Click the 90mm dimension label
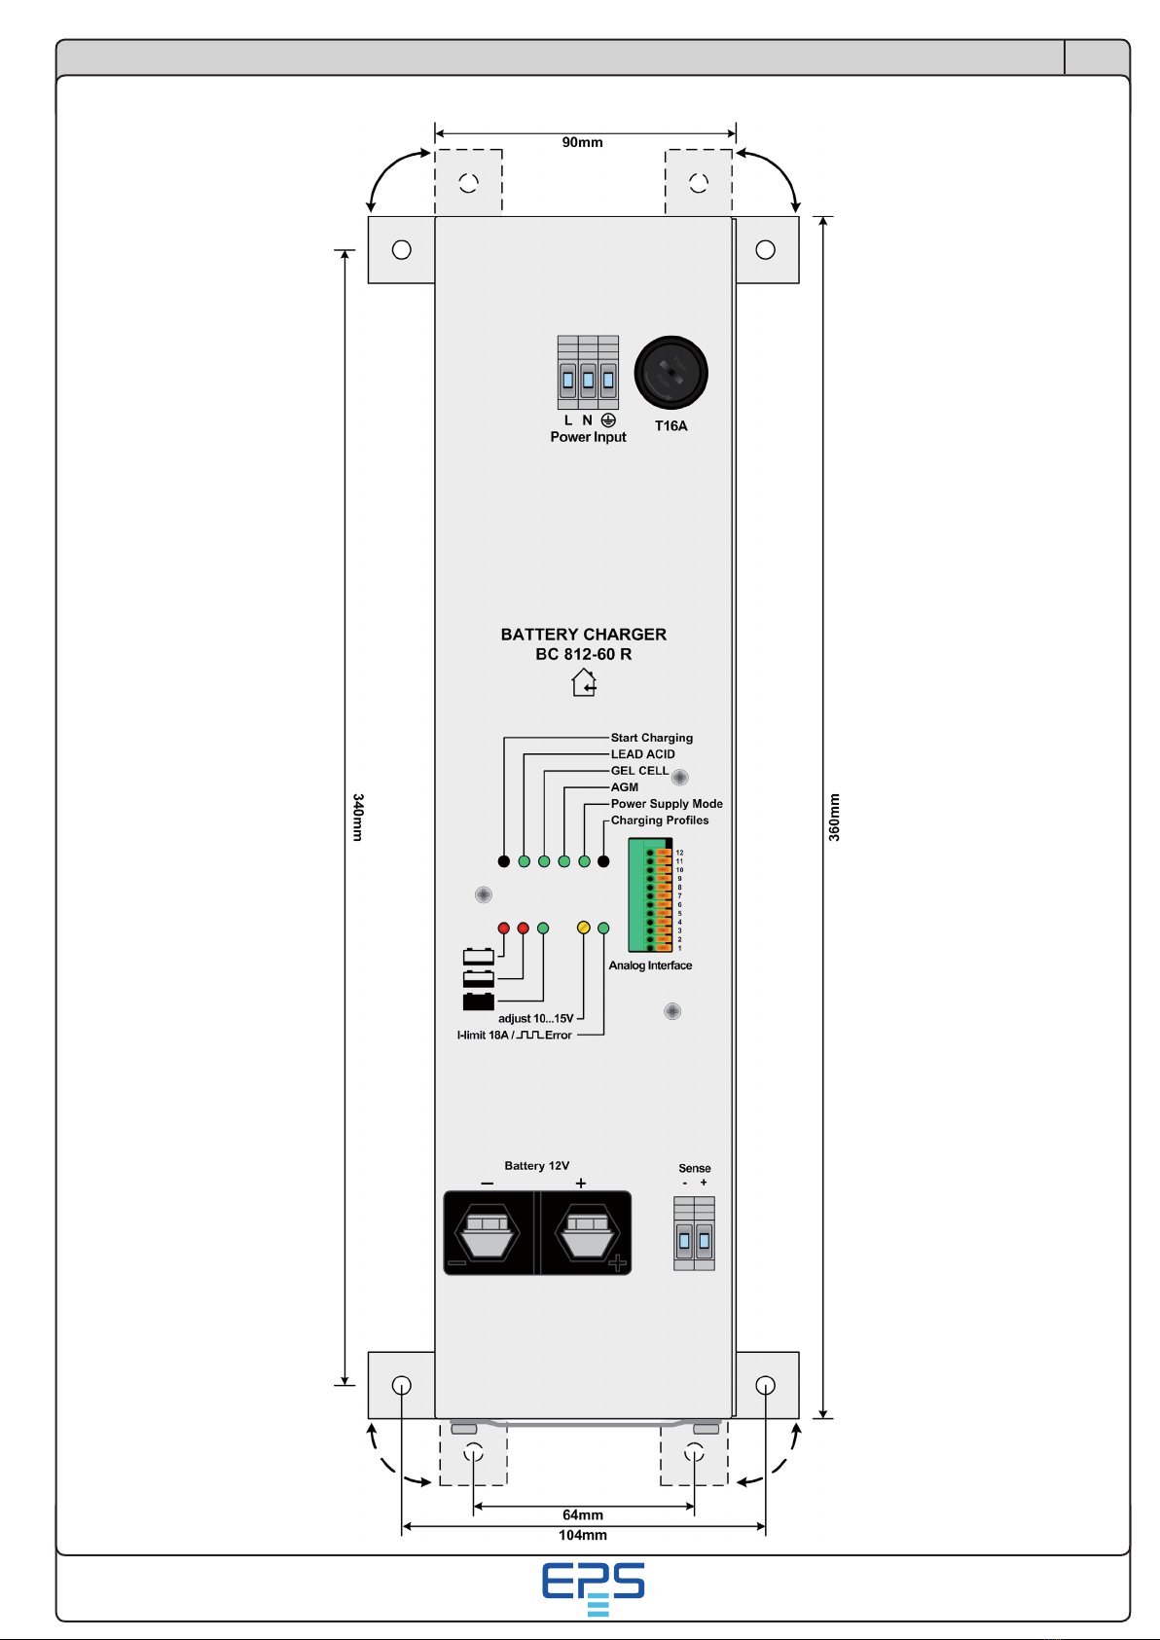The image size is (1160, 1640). pos(582,142)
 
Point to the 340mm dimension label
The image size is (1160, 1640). pos(358,817)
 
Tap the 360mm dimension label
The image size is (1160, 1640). pos(834,817)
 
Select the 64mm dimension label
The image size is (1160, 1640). pos(583,1514)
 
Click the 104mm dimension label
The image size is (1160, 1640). pos(583,1535)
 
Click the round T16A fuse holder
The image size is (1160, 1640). pos(671,373)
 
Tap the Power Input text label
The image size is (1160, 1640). pos(588,436)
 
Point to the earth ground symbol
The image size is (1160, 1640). pos(608,419)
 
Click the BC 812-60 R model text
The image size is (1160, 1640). pos(583,654)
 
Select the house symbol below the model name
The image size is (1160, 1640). pos(583,681)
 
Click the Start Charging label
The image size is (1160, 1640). pos(651,737)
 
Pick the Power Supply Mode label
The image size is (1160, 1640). pos(667,803)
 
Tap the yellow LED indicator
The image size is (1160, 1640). pos(583,928)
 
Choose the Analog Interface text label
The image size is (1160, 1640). pos(650,965)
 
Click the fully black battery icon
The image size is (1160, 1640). pos(479,1001)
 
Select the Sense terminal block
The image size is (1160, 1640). pos(694,1234)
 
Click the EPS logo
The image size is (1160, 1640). pos(593,1588)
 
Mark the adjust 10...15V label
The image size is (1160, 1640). pos(536,1018)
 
